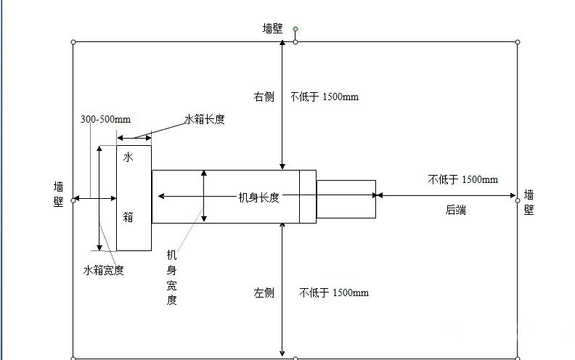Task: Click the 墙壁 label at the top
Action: click(x=273, y=28)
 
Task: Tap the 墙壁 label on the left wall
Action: click(x=58, y=194)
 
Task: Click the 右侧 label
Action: click(x=264, y=97)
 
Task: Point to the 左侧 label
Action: click(x=264, y=292)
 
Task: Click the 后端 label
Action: click(x=455, y=210)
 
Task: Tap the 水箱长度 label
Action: click(x=204, y=119)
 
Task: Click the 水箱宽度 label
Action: click(x=103, y=270)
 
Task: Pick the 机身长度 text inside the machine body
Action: click(x=259, y=197)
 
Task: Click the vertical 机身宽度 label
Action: click(x=172, y=277)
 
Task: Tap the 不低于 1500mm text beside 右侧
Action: click(x=325, y=97)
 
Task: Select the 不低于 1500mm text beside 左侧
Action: click(x=334, y=292)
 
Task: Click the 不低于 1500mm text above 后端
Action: click(x=462, y=179)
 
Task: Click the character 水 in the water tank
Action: click(x=128, y=157)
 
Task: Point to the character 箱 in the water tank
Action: click(x=128, y=216)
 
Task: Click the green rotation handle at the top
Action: click(x=295, y=30)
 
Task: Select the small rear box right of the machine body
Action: click(x=346, y=199)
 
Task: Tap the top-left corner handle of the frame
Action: click(x=73, y=42)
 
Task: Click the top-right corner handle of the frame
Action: click(x=518, y=42)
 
